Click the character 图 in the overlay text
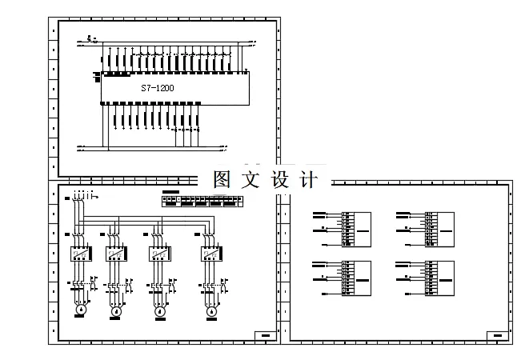tap(222, 179)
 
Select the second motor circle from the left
tap(114, 310)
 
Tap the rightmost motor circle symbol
tap(212, 310)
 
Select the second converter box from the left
tap(116, 254)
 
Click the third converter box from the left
tap(160, 254)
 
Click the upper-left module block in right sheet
tap(357, 228)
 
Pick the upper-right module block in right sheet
tap(439, 228)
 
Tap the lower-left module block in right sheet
tap(357, 279)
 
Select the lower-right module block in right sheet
tap(439, 279)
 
